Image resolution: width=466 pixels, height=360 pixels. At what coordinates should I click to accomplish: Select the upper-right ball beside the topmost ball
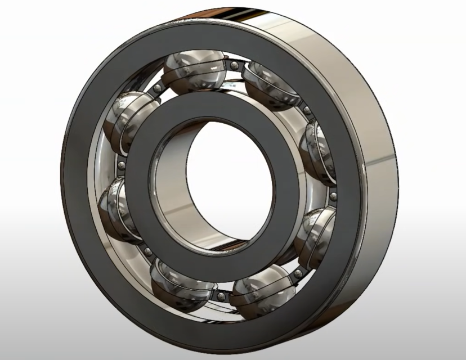[269, 84]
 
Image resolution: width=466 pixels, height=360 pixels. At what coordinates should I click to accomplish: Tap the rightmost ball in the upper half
[317, 149]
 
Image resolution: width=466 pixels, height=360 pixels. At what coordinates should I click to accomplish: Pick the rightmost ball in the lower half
[314, 233]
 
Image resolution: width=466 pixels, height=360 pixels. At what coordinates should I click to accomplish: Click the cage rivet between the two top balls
[232, 67]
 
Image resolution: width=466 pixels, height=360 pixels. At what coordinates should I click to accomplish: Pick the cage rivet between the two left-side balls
[120, 164]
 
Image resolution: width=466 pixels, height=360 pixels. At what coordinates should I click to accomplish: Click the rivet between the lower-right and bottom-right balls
[297, 272]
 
